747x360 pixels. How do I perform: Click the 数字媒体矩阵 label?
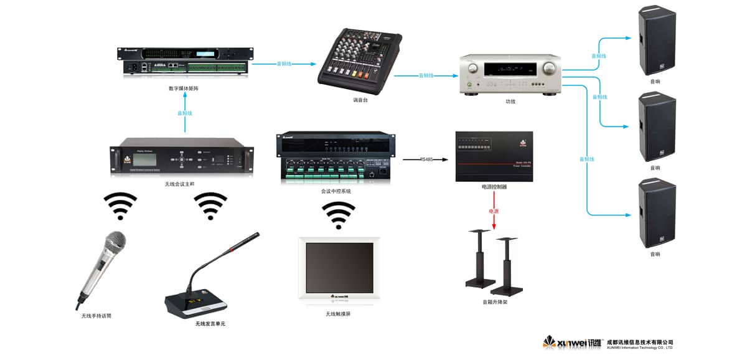coord(184,88)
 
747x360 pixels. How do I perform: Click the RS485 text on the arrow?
coord(426,159)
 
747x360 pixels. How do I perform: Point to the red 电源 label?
coord(494,212)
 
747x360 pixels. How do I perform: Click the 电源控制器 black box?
coord(494,156)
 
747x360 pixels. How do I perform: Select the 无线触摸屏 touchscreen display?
coord(339,268)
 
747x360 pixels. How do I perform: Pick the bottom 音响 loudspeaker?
coord(656,213)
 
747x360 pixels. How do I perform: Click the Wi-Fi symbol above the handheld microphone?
coord(120,206)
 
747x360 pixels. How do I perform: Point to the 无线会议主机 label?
coord(180,184)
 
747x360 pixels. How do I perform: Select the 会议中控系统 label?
coord(336,191)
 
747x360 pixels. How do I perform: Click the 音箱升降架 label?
coord(495,303)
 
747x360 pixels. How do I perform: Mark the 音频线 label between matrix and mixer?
coord(285,64)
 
